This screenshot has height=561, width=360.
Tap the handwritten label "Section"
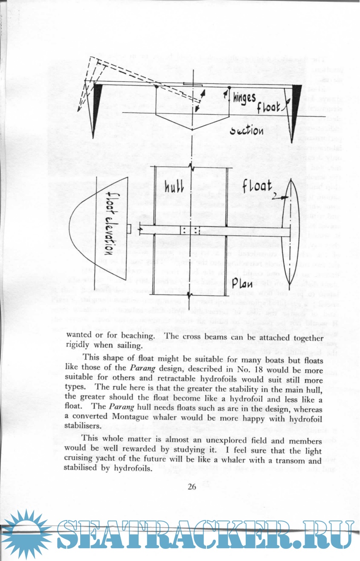pyautogui.click(x=246, y=130)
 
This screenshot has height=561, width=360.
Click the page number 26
pyautogui.click(x=192, y=487)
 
